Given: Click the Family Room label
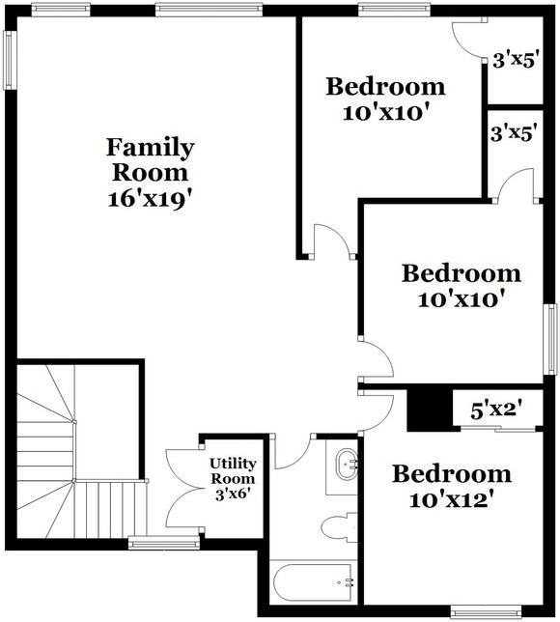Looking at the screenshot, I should [x=150, y=160].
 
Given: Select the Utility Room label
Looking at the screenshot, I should [x=233, y=470].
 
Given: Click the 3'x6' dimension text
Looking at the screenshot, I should [x=233, y=493].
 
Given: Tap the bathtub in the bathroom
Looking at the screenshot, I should [x=308, y=582].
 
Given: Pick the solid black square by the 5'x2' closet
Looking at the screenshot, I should [x=424, y=410].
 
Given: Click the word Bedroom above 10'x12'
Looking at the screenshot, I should [x=451, y=475].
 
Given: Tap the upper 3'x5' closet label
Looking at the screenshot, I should [x=514, y=61].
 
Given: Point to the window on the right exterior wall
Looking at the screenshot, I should [x=552, y=338].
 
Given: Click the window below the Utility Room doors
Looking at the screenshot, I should [x=151, y=543].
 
